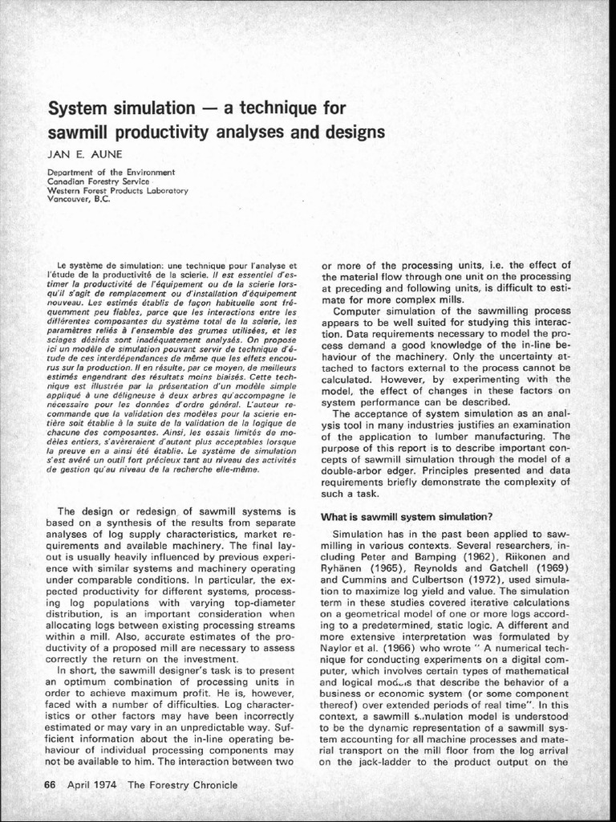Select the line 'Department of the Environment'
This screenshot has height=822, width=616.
(x=111, y=173)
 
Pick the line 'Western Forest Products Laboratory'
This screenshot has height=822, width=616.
(x=117, y=190)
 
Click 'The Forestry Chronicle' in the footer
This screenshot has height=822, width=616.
(x=183, y=784)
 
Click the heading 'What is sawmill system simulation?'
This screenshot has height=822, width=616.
(x=406, y=515)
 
